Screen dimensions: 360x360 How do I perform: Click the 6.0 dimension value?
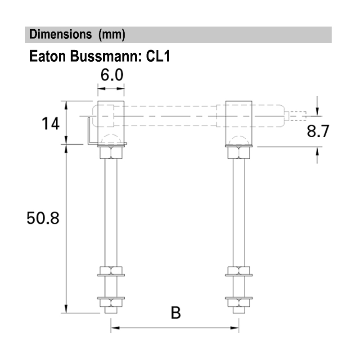(111, 75)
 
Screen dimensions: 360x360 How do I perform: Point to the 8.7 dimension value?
(318, 131)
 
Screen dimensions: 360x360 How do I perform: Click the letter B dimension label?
(175, 313)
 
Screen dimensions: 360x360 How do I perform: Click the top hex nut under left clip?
(111, 153)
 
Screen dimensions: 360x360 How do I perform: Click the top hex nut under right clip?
(239, 153)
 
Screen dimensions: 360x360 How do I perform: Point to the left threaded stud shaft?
(111, 211)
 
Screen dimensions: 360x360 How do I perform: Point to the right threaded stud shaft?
(239, 211)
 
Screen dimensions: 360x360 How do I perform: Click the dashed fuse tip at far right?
(297, 116)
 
